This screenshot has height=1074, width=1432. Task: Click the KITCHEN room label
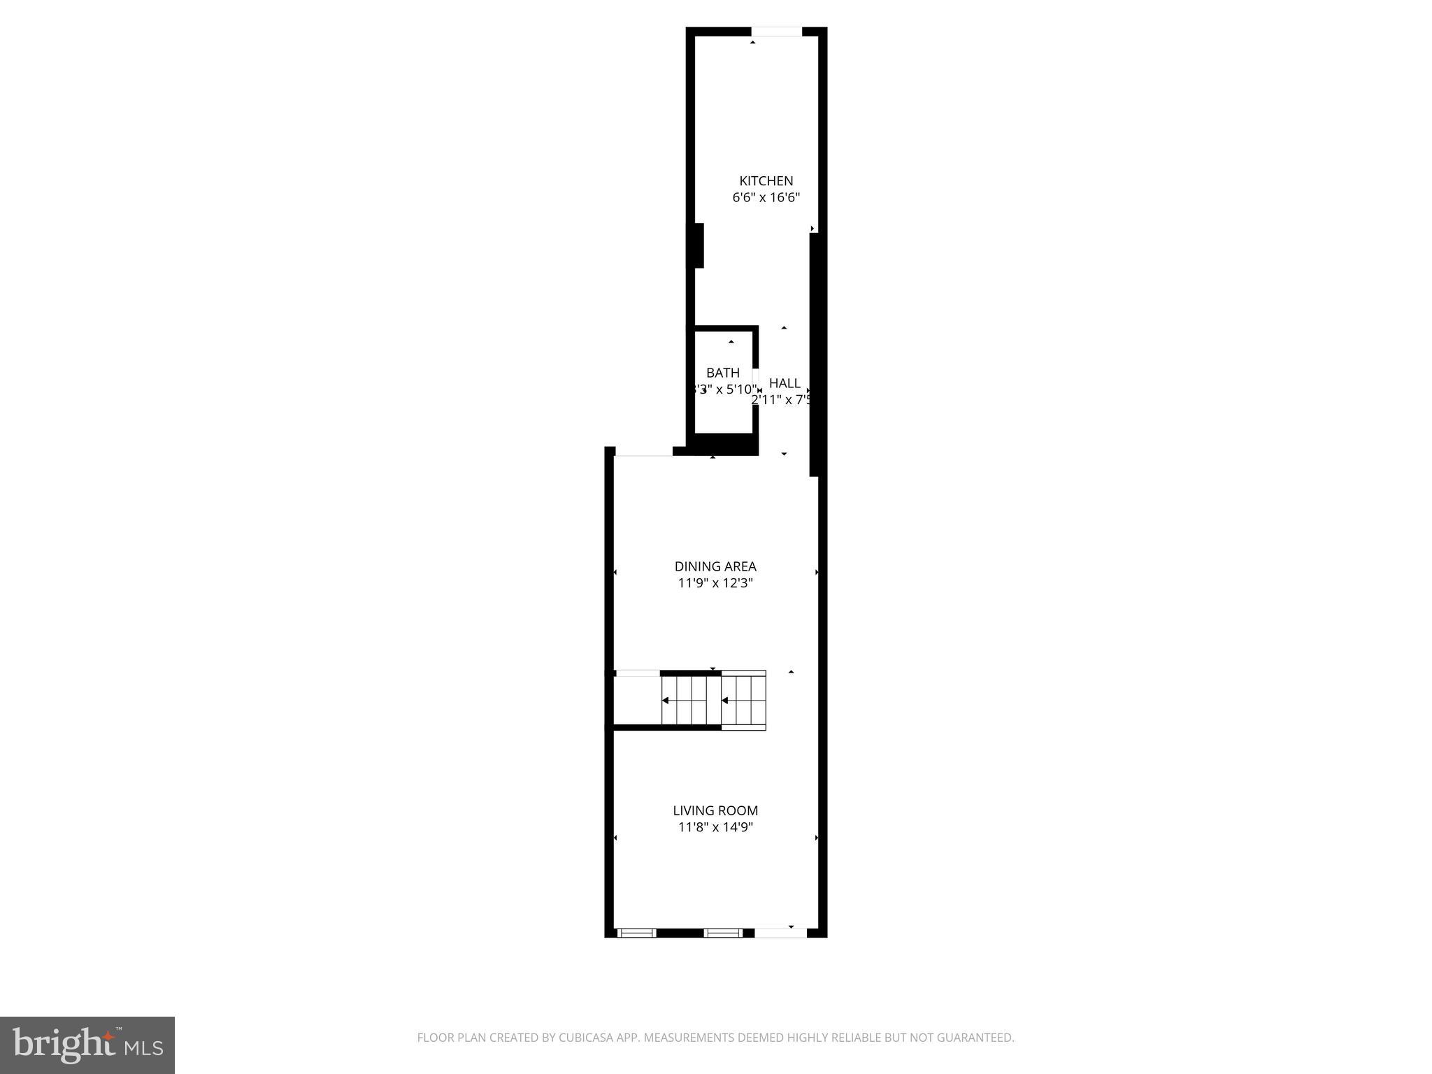pos(766,181)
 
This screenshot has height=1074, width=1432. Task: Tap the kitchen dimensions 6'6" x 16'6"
pos(766,198)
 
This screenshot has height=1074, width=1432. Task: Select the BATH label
pos(722,373)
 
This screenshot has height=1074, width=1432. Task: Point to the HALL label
pos(785,383)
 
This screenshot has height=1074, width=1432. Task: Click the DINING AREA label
pos(715,566)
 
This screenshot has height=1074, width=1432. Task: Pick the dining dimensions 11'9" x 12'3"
pos(715,583)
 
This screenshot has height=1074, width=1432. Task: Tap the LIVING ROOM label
pos(715,810)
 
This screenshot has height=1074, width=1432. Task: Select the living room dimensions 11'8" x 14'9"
pos(715,827)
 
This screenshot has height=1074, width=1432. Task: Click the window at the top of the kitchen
pos(776,31)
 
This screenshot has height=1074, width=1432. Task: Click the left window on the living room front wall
pos(636,932)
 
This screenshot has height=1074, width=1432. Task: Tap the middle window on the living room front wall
pos(722,932)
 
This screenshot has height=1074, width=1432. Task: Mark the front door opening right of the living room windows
pos(780,932)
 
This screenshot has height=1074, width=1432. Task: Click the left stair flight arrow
pos(666,700)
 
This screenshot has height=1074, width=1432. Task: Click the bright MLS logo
pos(87,1045)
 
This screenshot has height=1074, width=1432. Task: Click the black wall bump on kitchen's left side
pos(699,245)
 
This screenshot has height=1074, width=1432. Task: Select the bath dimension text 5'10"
pos(741,389)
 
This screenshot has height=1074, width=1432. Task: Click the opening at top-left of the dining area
pos(643,455)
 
